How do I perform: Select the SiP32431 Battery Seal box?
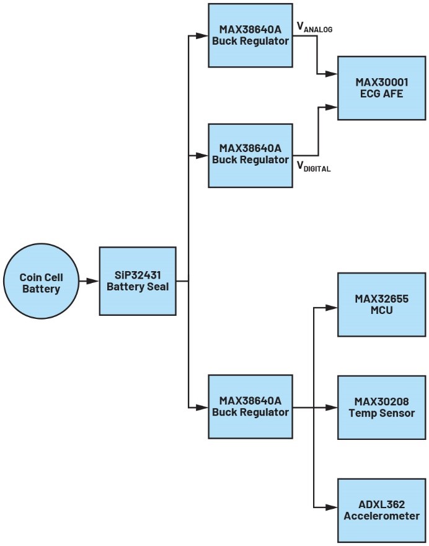coord(137,280)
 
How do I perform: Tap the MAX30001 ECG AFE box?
coord(381,87)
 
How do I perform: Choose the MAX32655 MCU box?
coord(381,304)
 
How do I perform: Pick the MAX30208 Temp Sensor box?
coord(381,407)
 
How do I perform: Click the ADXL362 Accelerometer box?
coord(381,510)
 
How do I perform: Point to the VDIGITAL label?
coord(314,166)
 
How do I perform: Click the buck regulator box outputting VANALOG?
coord(250,35)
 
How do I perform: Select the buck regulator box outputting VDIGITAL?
coord(250,154)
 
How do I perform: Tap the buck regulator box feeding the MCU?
coord(250,406)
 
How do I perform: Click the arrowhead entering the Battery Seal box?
coord(94,281)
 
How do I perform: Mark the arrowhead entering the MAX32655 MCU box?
coord(332,307)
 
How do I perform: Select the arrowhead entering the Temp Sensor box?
coord(332,408)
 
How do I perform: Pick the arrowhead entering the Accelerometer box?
coord(332,509)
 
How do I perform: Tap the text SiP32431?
coord(138,275)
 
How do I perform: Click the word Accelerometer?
coord(381,516)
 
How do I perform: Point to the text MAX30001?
coord(381,82)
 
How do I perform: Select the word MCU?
coord(381,310)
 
